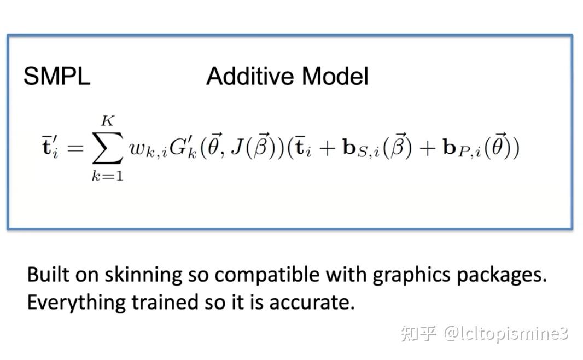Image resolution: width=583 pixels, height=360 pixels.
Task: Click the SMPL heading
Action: click(x=56, y=77)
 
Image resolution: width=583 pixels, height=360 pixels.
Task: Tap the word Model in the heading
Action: click(x=335, y=77)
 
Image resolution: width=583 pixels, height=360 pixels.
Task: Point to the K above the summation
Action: click(x=107, y=120)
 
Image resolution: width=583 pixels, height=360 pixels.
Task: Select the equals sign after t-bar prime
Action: click(x=73, y=148)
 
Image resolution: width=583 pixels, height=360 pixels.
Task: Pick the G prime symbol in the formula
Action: click(x=179, y=148)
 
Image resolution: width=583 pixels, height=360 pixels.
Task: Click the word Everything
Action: click(x=77, y=302)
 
